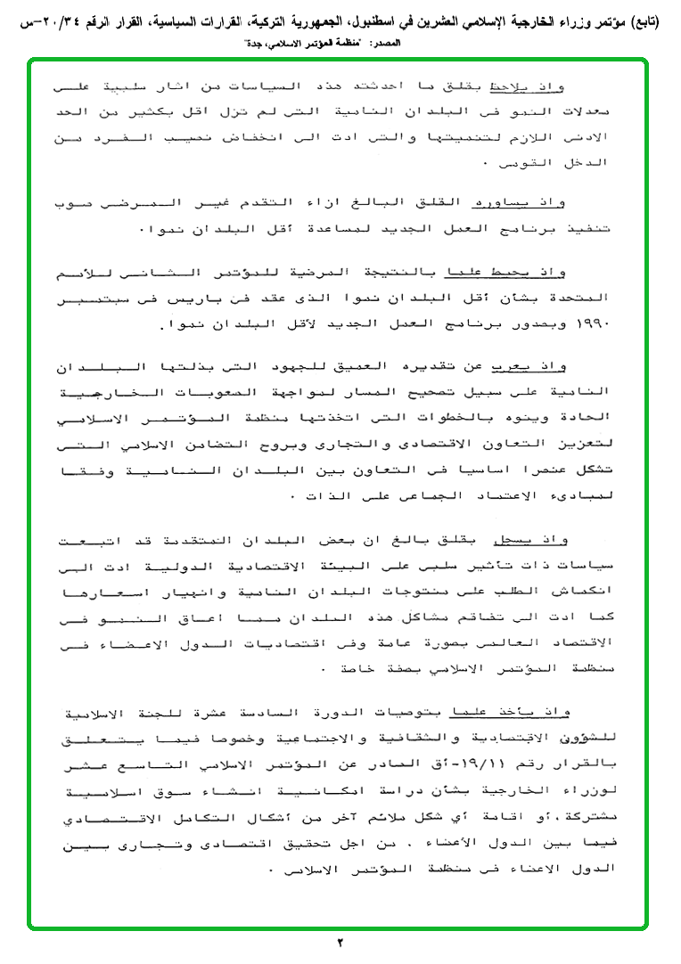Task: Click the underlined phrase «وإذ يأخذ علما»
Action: [x=553, y=710]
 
